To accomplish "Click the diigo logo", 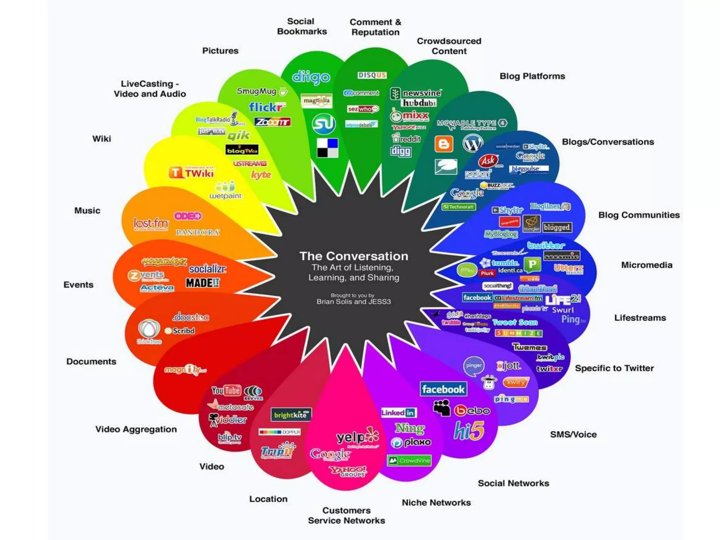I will click(311, 77).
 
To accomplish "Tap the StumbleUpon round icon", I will click(323, 124).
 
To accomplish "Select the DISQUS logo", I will click(372, 75).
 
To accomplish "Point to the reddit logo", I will click(407, 139).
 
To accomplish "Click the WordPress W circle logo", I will click(472, 143).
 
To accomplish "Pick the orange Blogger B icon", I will click(444, 144).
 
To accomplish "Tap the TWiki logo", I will click(191, 173).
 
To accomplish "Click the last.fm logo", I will click(151, 223).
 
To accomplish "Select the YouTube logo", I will click(226, 390).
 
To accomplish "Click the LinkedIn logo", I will click(399, 413).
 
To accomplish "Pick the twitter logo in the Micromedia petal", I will click(546, 245).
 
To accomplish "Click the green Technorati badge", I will click(459, 207).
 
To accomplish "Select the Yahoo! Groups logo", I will click(348, 471).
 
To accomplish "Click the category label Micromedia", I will click(647, 265).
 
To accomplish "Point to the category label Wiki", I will click(102, 139).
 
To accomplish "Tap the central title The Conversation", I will click(354, 256).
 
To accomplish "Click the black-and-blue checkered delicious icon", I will click(327, 148).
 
